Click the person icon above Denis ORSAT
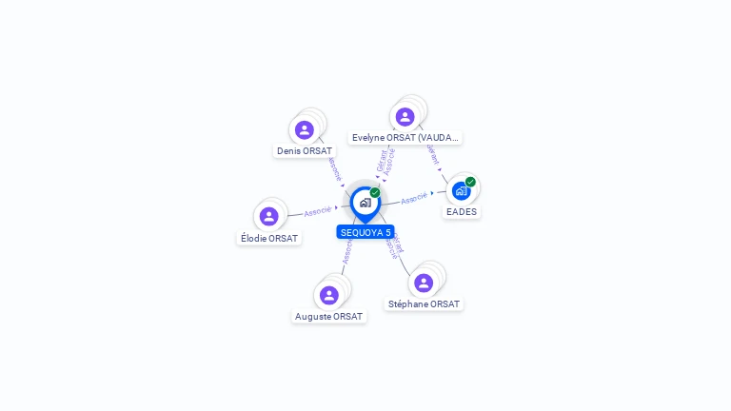305,129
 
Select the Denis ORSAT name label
305,150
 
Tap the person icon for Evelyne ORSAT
405,117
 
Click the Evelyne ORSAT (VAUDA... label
405,138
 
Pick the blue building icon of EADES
461,191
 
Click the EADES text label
462,211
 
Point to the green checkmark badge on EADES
470,182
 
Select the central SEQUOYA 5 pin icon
365,203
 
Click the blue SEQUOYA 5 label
365,232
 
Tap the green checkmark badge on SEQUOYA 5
375,192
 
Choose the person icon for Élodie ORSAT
269,216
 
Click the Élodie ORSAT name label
269,238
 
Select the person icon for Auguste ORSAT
329,295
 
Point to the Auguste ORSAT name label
329,316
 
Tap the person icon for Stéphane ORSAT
424,283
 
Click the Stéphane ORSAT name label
425,303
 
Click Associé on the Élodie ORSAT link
318,210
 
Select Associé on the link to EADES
414,199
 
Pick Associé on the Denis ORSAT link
334,168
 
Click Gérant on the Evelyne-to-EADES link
433,155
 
